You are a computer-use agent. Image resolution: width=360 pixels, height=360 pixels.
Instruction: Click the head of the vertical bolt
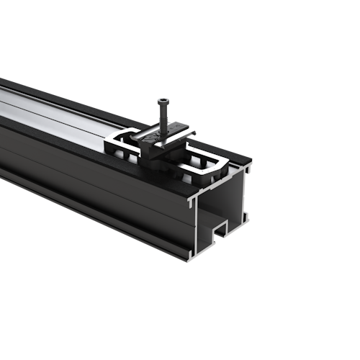click(165, 102)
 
